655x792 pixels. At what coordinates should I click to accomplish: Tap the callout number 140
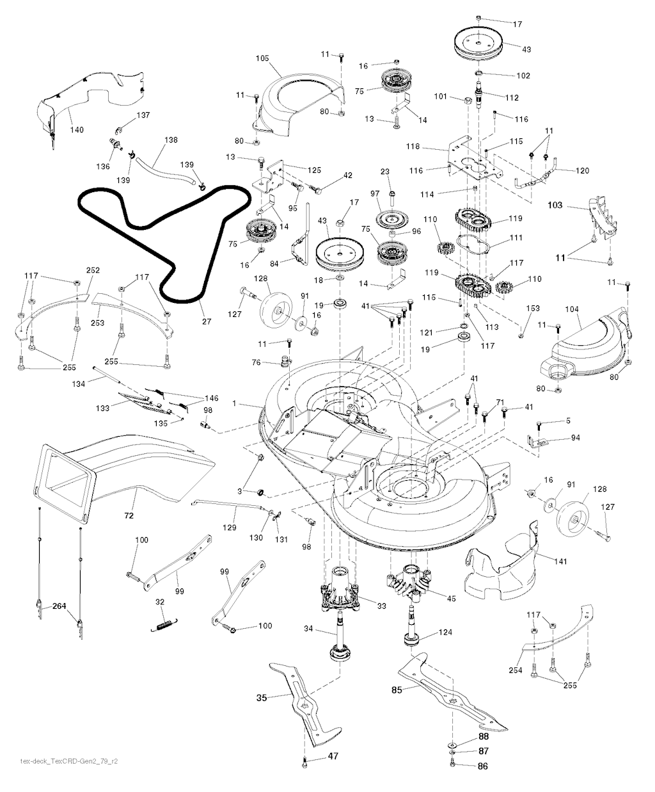(x=76, y=130)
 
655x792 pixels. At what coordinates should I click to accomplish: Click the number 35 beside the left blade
(x=262, y=698)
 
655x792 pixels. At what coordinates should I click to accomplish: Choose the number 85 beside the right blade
(x=396, y=690)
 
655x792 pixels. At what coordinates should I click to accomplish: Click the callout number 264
(x=59, y=606)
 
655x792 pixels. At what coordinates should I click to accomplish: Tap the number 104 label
(x=571, y=309)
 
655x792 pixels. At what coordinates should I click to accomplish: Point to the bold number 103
(x=555, y=206)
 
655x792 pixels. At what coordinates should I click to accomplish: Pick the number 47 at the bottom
(x=333, y=756)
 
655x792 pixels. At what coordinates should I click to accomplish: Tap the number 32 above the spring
(x=160, y=602)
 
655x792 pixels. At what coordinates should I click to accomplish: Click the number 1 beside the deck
(x=235, y=403)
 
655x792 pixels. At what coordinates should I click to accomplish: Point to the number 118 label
(x=413, y=147)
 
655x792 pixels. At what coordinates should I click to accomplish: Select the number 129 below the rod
(x=228, y=528)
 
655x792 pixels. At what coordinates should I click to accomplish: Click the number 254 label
(x=516, y=670)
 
